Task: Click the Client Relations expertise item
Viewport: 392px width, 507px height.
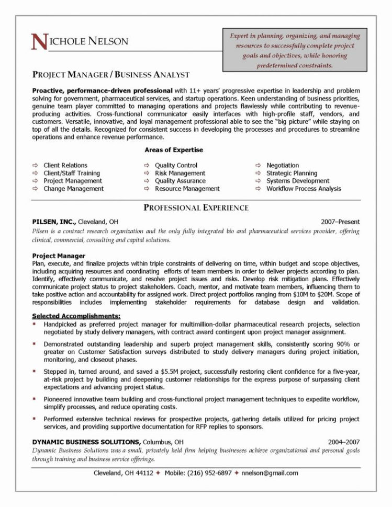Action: click(65, 165)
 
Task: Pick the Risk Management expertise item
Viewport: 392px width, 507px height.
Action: click(180, 173)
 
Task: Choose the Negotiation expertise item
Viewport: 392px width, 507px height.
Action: click(283, 165)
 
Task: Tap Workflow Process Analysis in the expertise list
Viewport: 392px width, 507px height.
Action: click(304, 189)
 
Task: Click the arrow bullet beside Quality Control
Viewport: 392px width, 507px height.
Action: click(147, 165)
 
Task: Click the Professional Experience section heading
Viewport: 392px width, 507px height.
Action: click(196, 208)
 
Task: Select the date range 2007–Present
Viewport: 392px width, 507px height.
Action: click(340, 221)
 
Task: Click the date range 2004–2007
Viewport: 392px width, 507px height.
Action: click(343, 441)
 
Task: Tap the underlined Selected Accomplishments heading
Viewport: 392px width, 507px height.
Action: click(76, 316)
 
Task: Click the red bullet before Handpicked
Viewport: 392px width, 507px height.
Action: click(34, 324)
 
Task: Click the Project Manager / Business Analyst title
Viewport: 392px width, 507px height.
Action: click(110, 75)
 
